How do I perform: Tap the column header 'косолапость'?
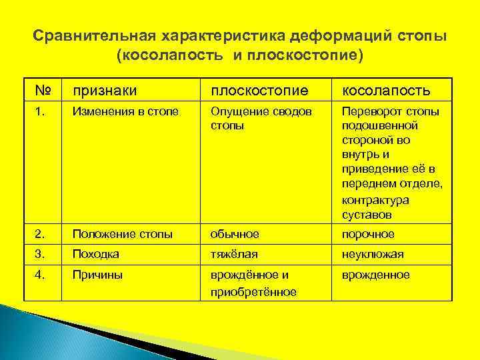pyautogui.click(x=386, y=90)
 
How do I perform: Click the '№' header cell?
pyautogui.click(x=43, y=90)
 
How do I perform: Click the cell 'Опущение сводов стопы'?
pyautogui.click(x=261, y=117)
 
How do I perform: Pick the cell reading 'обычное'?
pyautogui.click(x=235, y=234)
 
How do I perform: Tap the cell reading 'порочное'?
pyautogui.click(x=368, y=234)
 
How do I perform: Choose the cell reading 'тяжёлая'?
pyautogui.click(x=234, y=254)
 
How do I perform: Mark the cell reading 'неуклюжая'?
pyautogui.click(x=373, y=254)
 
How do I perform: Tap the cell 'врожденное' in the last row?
pyautogui.click(x=375, y=275)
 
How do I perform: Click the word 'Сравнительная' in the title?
pyautogui.click(x=95, y=35)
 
